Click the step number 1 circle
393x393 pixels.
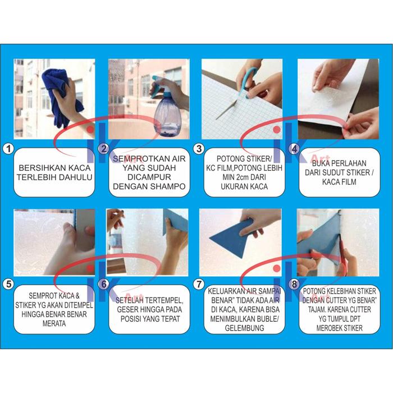pos(8,149)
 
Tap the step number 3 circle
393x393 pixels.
pos(199,149)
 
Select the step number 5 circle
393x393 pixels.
pos(8,284)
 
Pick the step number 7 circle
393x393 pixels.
pos(199,284)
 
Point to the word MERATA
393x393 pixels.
pos(54,323)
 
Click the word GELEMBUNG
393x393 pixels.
pos(244,328)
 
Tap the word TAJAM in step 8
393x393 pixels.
pos(317,309)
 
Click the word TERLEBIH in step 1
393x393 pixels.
pos(34,177)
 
